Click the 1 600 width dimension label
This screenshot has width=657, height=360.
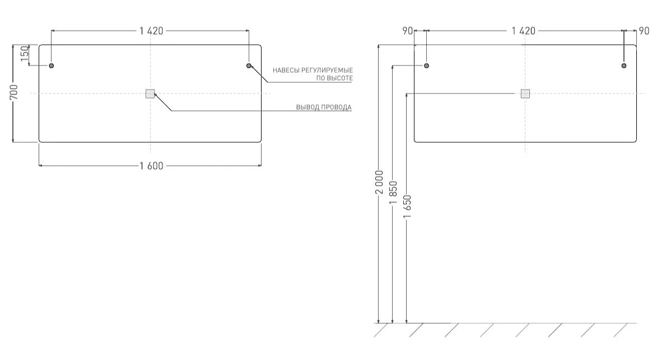[151, 166]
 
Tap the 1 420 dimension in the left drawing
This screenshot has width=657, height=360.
[151, 31]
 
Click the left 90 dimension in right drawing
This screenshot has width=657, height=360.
[408, 31]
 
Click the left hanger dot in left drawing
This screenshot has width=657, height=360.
[52, 66]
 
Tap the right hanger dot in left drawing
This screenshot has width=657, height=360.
[249, 66]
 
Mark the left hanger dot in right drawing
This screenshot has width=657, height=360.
[427, 66]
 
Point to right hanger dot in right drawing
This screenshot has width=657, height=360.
[624, 66]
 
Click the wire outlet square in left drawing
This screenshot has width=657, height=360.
[150, 93]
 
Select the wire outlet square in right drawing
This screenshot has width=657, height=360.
[525, 93]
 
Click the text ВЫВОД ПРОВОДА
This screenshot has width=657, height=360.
[324, 107]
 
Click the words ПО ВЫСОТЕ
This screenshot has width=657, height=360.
[334, 78]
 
